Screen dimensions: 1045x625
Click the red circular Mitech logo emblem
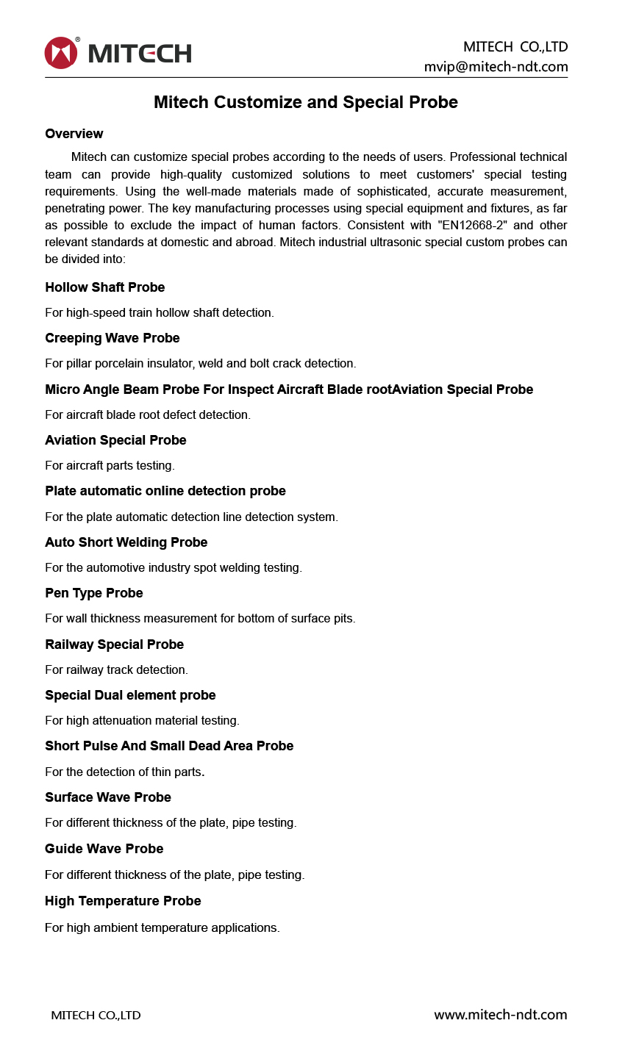[x=61, y=53]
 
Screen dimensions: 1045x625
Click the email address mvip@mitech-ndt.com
[x=496, y=67]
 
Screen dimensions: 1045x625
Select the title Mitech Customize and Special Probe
[x=305, y=102]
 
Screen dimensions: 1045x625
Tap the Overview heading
[x=74, y=134]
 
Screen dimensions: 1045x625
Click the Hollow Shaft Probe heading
[x=104, y=287]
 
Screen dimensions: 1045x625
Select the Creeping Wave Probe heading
[x=112, y=338]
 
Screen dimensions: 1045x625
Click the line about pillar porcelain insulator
[x=200, y=363]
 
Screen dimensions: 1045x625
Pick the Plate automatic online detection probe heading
[x=165, y=491]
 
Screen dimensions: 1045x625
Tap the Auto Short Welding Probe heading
[x=126, y=542]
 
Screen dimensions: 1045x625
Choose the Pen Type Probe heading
[x=93, y=593]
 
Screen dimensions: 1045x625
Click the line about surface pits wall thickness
[x=200, y=618]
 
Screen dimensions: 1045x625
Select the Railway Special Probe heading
[x=114, y=644]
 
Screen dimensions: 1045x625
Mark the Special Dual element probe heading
[x=130, y=695]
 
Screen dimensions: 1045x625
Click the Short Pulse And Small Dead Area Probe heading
[x=169, y=746]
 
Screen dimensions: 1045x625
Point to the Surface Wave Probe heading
[x=107, y=797]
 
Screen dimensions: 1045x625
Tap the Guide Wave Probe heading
[x=104, y=849]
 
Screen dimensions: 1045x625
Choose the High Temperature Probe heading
[x=123, y=901]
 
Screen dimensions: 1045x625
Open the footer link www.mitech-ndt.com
[x=500, y=1015]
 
